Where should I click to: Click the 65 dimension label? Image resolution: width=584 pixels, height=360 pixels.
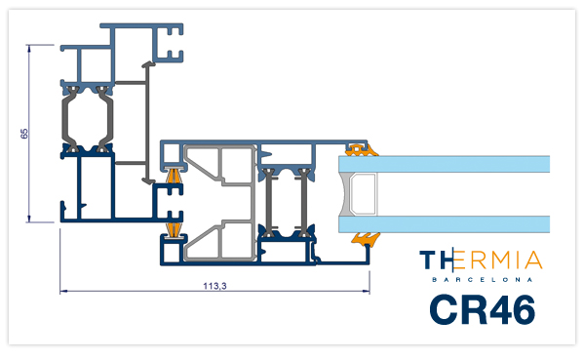pyautogui.click(x=24, y=134)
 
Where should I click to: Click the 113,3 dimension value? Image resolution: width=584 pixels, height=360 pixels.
pyautogui.click(x=214, y=286)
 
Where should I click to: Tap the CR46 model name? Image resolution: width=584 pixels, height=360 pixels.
pyautogui.click(x=483, y=309)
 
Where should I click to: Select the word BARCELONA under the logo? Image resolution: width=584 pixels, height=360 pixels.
pyautogui.click(x=483, y=279)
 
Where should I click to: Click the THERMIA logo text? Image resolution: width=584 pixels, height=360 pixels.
pyautogui.click(x=481, y=260)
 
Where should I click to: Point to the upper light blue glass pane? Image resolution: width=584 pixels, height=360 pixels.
pyautogui.click(x=444, y=164)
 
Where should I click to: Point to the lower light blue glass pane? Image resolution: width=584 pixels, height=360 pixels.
pyautogui.click(x=444, y=224)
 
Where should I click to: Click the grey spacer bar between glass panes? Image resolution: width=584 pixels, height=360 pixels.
pyautogui.click(x=361, y=194)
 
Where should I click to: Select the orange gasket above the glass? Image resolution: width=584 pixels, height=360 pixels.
pyautogui.click(x=362, y=150)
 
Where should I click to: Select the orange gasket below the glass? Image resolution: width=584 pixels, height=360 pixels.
pyautogui.click(x=366, y=238)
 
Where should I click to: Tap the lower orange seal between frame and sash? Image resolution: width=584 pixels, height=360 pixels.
pyautogui.click(x=174, y=229)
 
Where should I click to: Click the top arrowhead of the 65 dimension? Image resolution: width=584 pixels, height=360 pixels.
pyautogui.click(x=29, y=47)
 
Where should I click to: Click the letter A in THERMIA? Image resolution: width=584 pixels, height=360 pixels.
pyautogui.click(x=535, y=260)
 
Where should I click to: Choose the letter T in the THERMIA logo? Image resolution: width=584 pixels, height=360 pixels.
pyautogui.click(x=427, y=260)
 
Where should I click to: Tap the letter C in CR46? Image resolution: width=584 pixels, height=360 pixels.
pyautogui.click(x=444, y=309)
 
